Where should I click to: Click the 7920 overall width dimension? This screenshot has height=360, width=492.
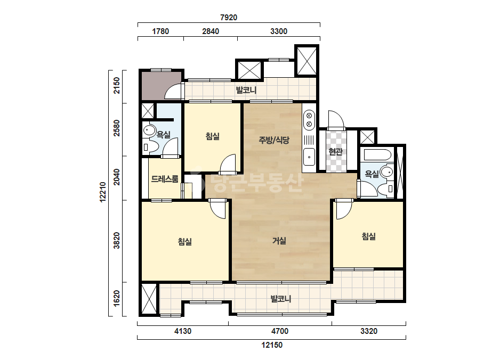(229, 18)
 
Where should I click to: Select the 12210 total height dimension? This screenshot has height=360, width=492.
(102, 192)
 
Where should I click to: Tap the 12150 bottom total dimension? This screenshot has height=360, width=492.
(272, 345)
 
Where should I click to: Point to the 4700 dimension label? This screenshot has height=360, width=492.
(280, 331)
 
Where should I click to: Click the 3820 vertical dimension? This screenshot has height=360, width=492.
(116, 241)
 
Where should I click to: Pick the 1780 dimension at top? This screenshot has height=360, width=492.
(160, 31)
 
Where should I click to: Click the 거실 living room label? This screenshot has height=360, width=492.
(279, 241)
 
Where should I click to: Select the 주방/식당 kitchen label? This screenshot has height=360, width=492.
(273, 140)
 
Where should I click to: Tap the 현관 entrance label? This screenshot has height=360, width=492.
(335, 152)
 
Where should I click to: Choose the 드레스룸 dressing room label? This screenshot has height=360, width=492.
(165, 179)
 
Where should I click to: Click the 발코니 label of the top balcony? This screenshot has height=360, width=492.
(246, 91)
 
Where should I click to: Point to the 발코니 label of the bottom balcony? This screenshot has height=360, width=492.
(281, 299)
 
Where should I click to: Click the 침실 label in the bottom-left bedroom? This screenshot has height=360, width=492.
(185, 242)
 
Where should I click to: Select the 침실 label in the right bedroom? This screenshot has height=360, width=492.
(369, 236)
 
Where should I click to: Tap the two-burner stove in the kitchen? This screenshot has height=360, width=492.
(309, 119)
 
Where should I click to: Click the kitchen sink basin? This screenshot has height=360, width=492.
(309, 157)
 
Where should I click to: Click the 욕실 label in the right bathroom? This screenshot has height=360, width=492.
(372, 174)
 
